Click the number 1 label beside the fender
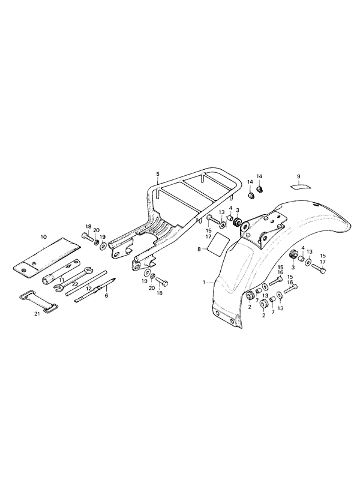click(x=204, y=283)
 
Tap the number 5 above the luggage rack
click(x=158, y=174)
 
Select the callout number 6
click(x=107, y=296)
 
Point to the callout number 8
click(x=199, y=250)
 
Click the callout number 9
click(x=298, y=176)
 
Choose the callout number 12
click(x=89, y=288)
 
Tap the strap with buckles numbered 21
click(x=37, y=301)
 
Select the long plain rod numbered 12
click(x=86, y=283)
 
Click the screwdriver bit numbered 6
click(x=95, y=290)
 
